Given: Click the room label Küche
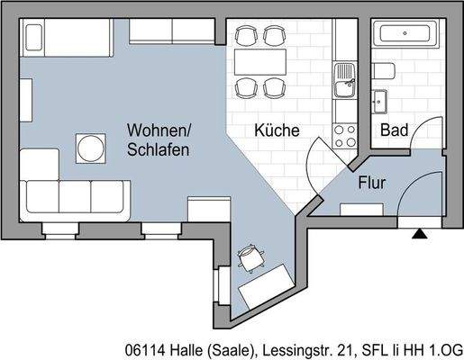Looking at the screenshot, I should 277,130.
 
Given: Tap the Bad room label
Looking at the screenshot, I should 394,130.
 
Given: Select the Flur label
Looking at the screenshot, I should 372,183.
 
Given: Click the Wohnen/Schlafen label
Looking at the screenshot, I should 159,139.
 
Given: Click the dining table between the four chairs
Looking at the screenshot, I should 259,62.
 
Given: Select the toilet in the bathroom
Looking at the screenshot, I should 384,71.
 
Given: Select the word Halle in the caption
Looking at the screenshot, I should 186,347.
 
